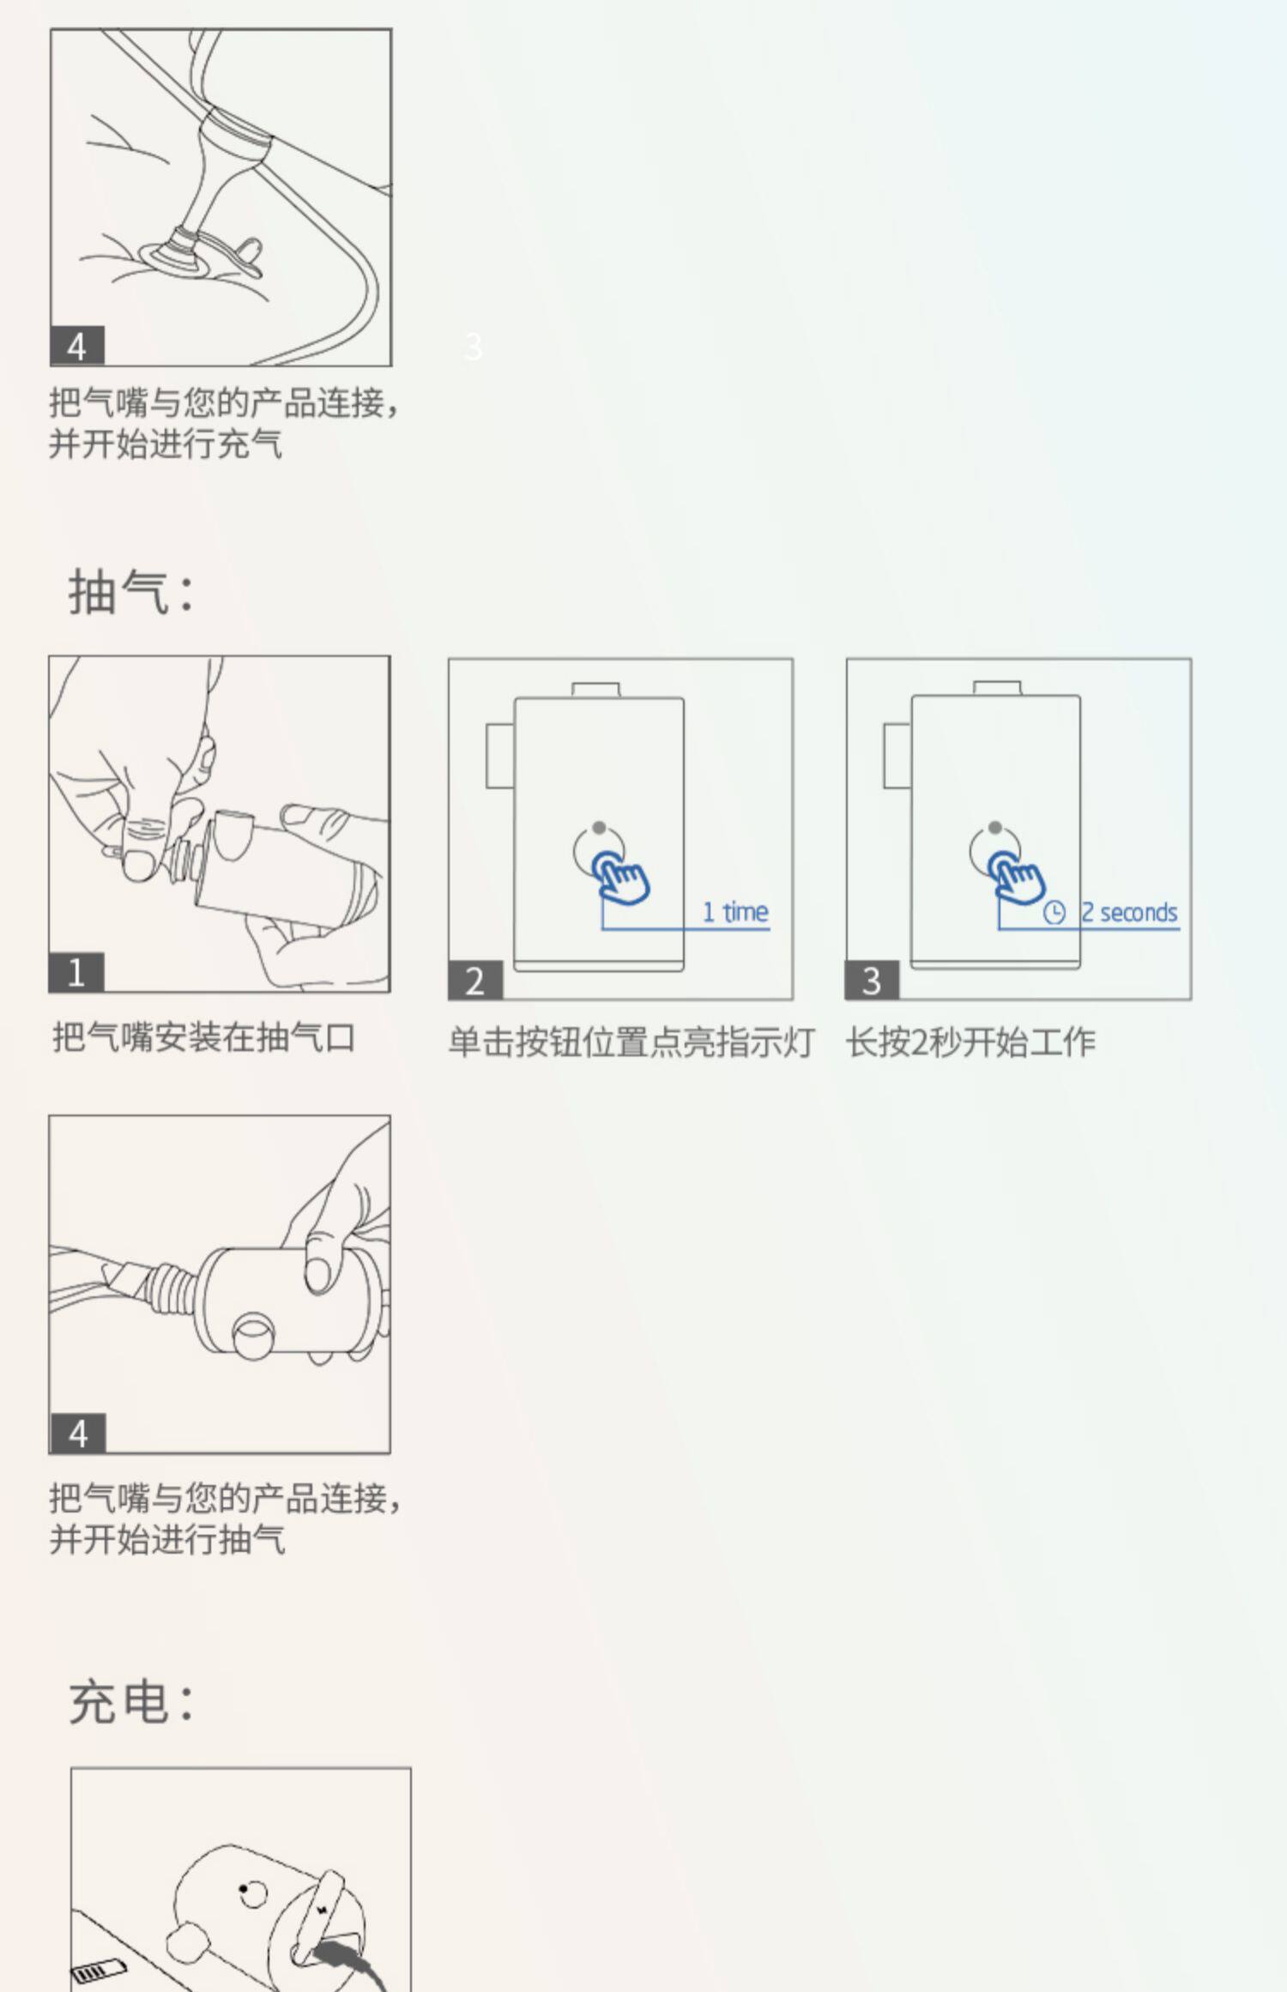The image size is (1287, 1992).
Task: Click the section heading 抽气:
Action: click(x=132, y=592)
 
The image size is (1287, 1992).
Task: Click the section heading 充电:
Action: click(x=132, y=1703)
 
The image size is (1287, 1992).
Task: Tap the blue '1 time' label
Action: click(x=735, y=912)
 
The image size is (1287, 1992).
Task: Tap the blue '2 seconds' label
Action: click(x=1129, y=912)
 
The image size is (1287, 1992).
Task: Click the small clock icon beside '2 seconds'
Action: click(x=1054, y=913)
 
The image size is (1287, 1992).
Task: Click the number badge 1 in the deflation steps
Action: click(x=76, y=972)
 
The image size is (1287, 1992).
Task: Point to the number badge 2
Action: click(x=475, y=981)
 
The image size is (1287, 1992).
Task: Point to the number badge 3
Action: click(x=872, y=981)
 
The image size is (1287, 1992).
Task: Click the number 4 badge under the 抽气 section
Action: click(x=77, y=1434)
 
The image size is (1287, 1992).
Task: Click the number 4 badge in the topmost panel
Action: click(x=77, y=347)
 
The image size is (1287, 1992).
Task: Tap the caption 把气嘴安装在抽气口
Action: click(x=204, y=1037)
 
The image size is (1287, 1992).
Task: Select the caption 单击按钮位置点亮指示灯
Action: click(x=631, y=1042)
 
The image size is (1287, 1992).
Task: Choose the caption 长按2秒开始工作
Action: click(x=971, y=1042)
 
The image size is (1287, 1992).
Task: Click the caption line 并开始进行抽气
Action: click(x=167, y=1539)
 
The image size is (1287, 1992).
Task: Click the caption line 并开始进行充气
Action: click(x=166, y=444)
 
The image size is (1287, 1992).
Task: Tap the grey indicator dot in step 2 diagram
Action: click(x=599, y=828)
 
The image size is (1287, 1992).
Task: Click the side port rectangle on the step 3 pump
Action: click(x=897, y=756)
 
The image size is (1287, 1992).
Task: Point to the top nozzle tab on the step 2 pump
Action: click(x=596, y=690)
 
